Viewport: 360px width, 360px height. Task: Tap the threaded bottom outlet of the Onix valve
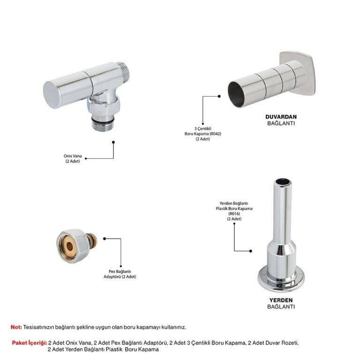pyautogui.click(x=103, y=125)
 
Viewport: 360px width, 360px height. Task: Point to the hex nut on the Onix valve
pyautogui.click(x=104, y=107)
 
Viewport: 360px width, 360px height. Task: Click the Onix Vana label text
pyautogui.click(x=73, y=158)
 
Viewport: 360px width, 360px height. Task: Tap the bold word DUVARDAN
pyautogui.click(x=281, y=117)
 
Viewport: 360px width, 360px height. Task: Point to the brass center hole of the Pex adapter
pyautogui.click(x=70, y=247)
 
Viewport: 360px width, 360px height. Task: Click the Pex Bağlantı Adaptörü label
pyautogui.click(x=120, y=274)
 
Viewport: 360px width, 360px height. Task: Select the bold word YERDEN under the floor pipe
pyautogui.click(x=281, y=300)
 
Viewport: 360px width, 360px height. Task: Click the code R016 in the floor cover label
pyautogui.click(x=234, y=214)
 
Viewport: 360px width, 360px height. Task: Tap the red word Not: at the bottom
pyautogui.click(x=16, y=327)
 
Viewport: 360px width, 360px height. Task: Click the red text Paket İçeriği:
pyautogui.click(x=30, y=343)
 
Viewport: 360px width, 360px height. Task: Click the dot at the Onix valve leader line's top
pyautogui.click(x=113, y=142)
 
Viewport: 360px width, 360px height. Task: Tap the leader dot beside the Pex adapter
pyautogui.click(x=105, y=239)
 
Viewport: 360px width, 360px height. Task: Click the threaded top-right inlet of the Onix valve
pyautogui.click(x=123, y=72)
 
